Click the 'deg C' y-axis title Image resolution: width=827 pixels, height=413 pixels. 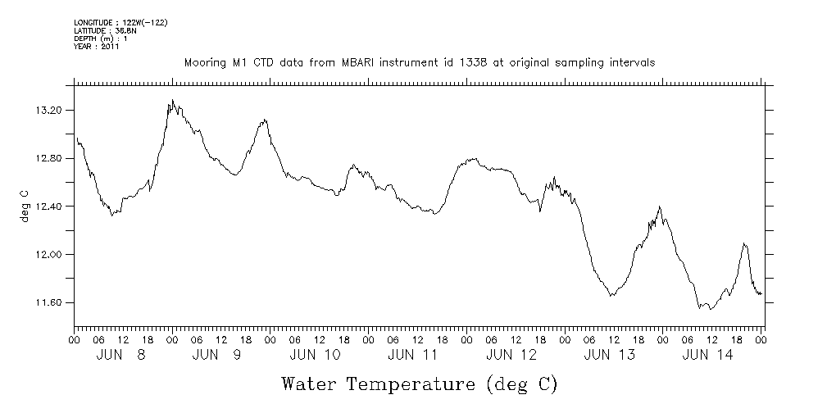(x=24, y=206)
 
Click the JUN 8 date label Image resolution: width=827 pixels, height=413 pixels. (x=120, y=355)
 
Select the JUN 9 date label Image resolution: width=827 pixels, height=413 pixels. (x=218, y=355)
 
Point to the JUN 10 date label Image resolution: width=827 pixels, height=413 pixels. (x=316, y=355)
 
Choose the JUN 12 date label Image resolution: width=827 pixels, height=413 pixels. (x=511, y=355)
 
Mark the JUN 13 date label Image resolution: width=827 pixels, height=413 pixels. (x=610, y=355)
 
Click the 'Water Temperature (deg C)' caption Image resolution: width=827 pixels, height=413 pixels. (x=420, y=383)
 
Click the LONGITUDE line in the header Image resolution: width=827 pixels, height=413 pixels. (x=120, y=22)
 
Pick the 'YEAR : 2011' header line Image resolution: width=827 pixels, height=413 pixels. (x=97, y=46)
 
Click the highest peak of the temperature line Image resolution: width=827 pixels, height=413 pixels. (x=172, y=100)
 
